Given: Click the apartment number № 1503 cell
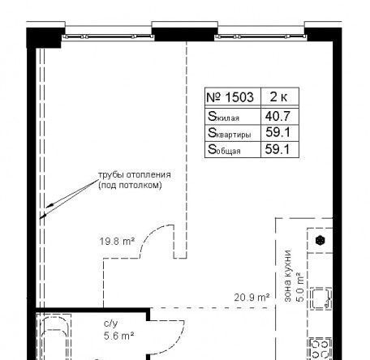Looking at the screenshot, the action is click(230, 97).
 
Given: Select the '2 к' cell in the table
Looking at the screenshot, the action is click(278, 96).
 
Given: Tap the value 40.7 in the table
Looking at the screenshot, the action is click(277, 116).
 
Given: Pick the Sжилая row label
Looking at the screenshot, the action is click(223, 117).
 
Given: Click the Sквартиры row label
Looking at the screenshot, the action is click(229, 133).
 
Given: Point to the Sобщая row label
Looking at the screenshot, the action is click(224, 149).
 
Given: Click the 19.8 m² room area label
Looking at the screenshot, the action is click(117, 241).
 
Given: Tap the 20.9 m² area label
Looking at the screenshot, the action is click(252, 298).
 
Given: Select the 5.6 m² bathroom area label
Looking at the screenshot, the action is click(118, 336).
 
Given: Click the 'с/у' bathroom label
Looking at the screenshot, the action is click(111, 324).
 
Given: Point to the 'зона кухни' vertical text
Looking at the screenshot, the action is click(288, 276).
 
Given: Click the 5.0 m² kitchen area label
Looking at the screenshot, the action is click(300, 286).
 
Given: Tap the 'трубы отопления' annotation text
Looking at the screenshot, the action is click(135, 174).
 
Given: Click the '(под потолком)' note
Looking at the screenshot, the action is click(130, 186).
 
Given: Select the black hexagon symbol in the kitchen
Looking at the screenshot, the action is click(321, 240).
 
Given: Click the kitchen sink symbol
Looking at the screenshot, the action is click(321, 298).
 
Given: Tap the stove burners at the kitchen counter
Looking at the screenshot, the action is click(321, 349).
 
